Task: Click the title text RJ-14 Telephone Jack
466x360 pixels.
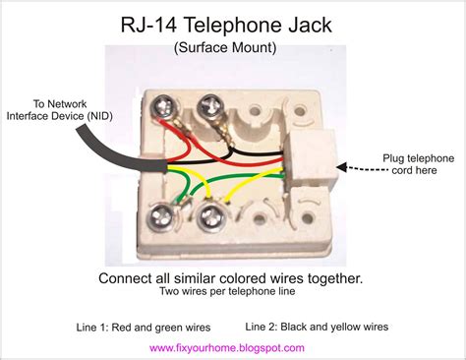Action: tap(226, 25)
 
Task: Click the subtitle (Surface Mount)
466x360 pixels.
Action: tap(225, 47)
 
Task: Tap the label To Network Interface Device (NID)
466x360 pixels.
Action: tap(60, 110)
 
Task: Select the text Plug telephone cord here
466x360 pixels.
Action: tap(419, 164)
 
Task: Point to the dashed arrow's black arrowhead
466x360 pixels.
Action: tap(341, 167)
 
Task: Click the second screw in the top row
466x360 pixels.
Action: tap(211, 106)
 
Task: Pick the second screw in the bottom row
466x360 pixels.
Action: tap(213, 215)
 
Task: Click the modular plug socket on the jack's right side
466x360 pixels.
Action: tap(311, 157)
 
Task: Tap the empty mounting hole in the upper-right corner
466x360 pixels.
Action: tap(300, 111)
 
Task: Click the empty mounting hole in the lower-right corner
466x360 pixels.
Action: tap(308, 218)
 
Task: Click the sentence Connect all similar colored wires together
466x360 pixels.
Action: tap(231, 278)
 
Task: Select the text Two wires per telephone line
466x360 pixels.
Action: tap(227, 291)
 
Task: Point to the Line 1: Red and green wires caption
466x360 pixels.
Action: tap(144, 328)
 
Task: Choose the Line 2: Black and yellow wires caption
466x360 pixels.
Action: tap(317, 327)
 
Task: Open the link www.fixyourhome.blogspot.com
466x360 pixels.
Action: tap(227, 347)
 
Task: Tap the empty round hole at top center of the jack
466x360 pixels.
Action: tap(255, 110)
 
